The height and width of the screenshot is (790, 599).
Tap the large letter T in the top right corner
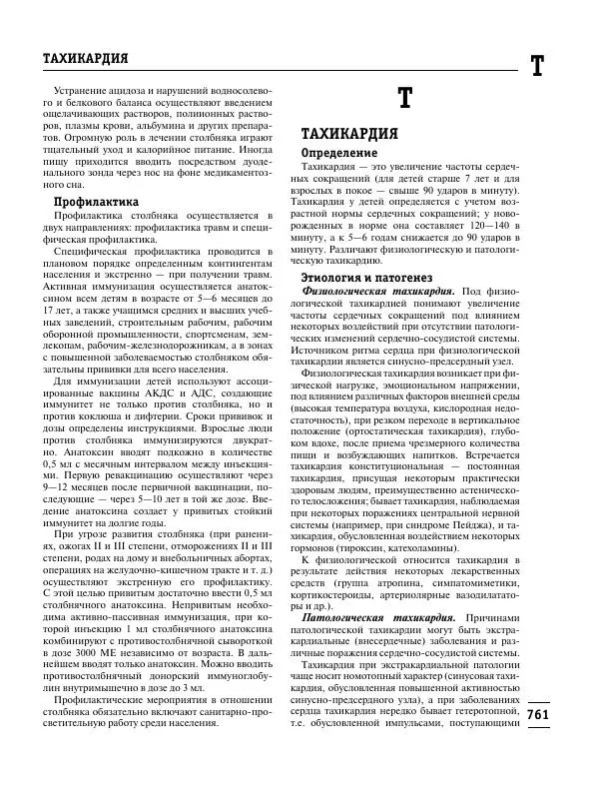pos(536,67)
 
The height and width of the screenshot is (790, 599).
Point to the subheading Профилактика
pos(95,201)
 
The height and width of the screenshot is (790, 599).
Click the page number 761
pos(537,715)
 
